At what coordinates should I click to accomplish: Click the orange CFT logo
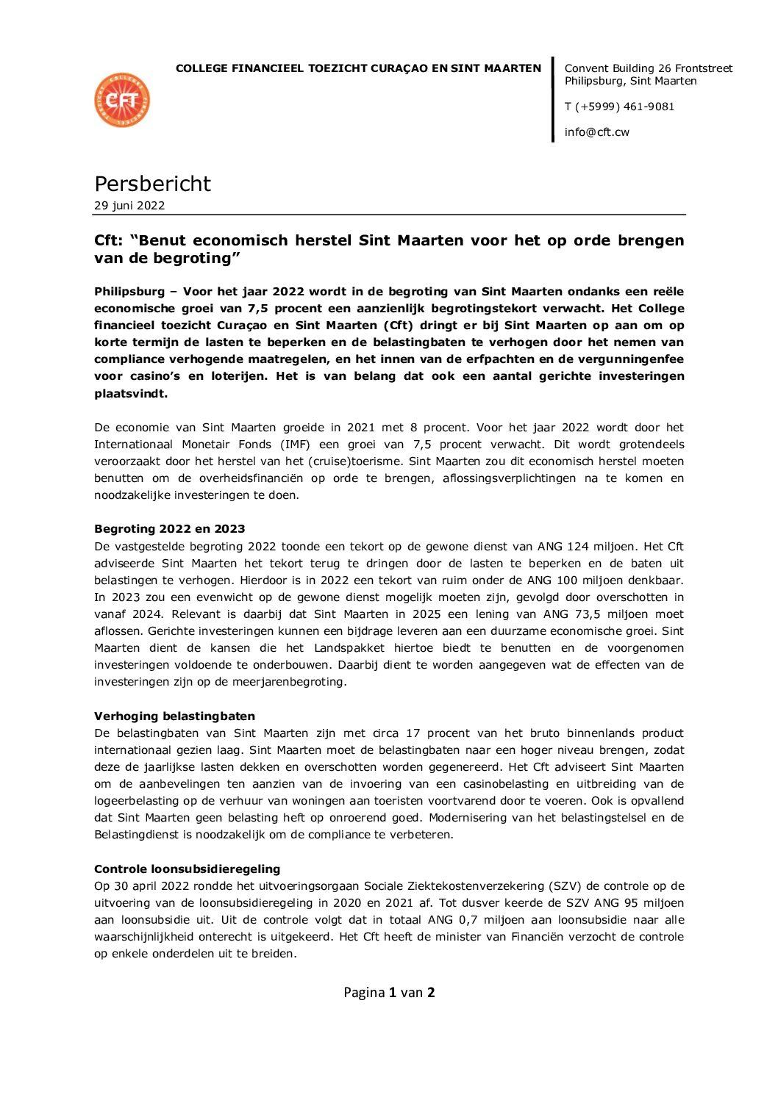click(x=122, y=100)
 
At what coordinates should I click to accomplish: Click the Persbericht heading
click(x=152, y=184)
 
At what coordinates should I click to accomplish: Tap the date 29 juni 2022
click(x=129, y=206)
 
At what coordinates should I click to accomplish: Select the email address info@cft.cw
click(x=596, y=132)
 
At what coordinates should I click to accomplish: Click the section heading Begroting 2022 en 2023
click(x=169, y=529)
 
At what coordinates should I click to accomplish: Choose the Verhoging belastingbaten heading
click(x=174, y=716)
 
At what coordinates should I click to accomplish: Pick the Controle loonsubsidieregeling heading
click(x=187, y=869)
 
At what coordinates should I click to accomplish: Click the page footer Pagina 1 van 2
click(x=389, y=993)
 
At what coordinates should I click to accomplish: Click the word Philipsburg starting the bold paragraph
click(x=129, y=292)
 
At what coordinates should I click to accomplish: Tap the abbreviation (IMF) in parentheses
click(x=295, y=445)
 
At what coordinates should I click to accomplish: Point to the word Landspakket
click(x=349, y=648)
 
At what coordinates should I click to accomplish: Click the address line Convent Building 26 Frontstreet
click(x=648, y=68)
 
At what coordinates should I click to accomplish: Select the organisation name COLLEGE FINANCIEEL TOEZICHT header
click(x=358, y=68)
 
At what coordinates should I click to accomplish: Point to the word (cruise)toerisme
click(x=359, y=461)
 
